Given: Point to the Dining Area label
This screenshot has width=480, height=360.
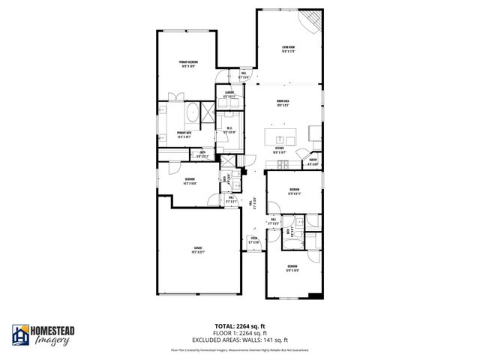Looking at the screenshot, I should click(283, 103).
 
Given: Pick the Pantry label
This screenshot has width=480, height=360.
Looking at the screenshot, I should click(313, 163).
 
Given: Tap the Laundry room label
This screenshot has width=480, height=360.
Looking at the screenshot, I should click(230, 94).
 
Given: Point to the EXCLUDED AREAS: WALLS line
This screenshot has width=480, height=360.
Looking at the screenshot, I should click(239, 337).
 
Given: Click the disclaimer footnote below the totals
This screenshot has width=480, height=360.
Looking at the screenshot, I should click(239, 349).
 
